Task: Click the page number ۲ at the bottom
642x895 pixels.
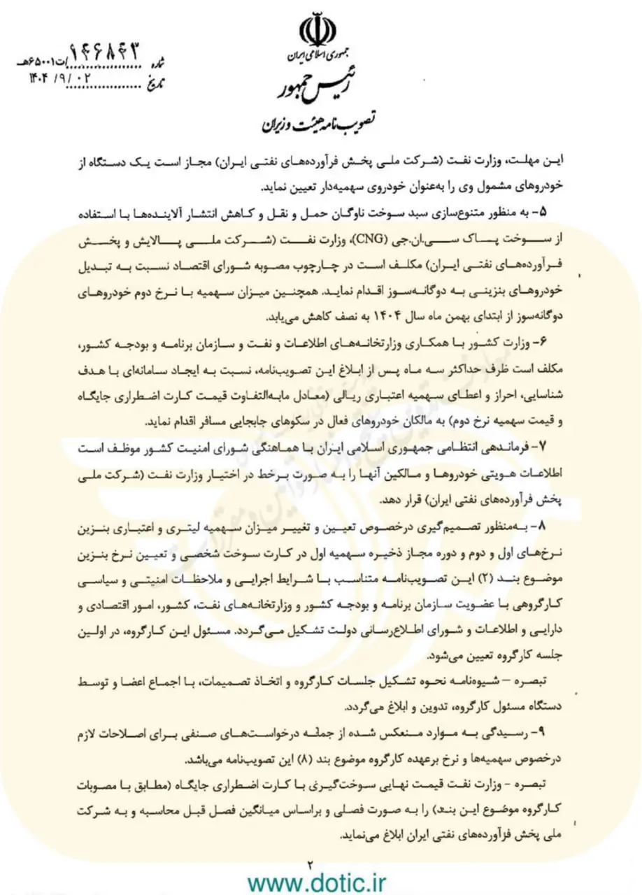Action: [x=308, y=864]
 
